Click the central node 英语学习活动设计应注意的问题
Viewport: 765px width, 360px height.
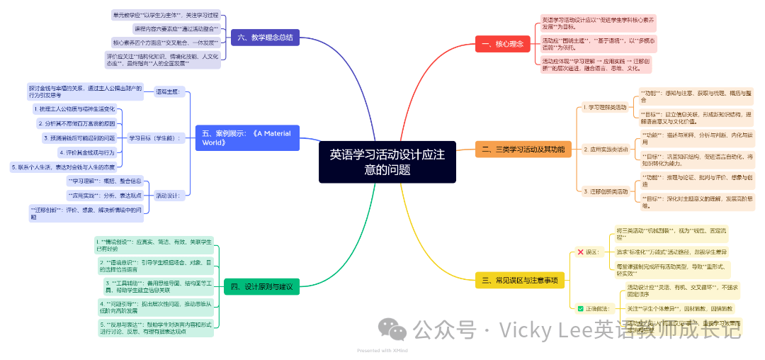(x=387, y=162)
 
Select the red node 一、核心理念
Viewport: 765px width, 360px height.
(x=502, y=44)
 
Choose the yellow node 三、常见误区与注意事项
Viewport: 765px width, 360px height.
(x=520, y=281)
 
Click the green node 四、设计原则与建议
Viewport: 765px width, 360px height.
(x=262, y=286)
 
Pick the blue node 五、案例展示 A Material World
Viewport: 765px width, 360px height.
(x=246, y=137)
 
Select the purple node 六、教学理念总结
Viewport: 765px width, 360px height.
(x=265, y=38)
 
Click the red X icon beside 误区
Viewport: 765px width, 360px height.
(x=581, y=252)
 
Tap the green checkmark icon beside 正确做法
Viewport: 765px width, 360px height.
(x=581, y=308)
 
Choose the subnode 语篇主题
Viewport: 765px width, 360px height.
(x=168, y=91)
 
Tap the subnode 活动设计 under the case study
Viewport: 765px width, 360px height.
(x=169, y=194)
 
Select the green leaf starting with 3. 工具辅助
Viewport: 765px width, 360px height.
(x=157, y=286)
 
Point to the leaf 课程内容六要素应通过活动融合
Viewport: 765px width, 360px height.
(x=176, y=28)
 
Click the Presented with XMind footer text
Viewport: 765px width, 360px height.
(x=382, y=350)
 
